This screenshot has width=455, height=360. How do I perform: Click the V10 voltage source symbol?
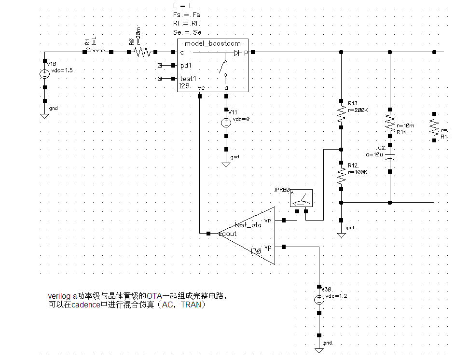(44, 74)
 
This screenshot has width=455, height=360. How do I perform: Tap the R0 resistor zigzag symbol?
(142, 52)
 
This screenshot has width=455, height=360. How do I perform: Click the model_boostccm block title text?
(212, 43)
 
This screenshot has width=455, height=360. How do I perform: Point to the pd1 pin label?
(186, 65)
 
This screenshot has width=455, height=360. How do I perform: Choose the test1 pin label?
(188, 79)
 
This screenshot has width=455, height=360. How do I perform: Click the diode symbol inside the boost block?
(236, 53)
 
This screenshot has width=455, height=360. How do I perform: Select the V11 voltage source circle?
(226, 123)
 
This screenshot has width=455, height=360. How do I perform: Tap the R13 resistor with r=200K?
(341, 113)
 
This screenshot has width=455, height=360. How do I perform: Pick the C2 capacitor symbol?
(390, 156)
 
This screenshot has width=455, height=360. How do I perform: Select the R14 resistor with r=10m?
(390, 123)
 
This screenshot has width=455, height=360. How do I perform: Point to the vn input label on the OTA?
(268, 220)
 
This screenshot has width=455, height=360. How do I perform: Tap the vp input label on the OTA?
(268, 247)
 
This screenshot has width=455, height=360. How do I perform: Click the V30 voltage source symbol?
(319, 300)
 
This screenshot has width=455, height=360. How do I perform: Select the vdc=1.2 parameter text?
(336, 296)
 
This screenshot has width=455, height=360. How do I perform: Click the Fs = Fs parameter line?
(186, 15)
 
